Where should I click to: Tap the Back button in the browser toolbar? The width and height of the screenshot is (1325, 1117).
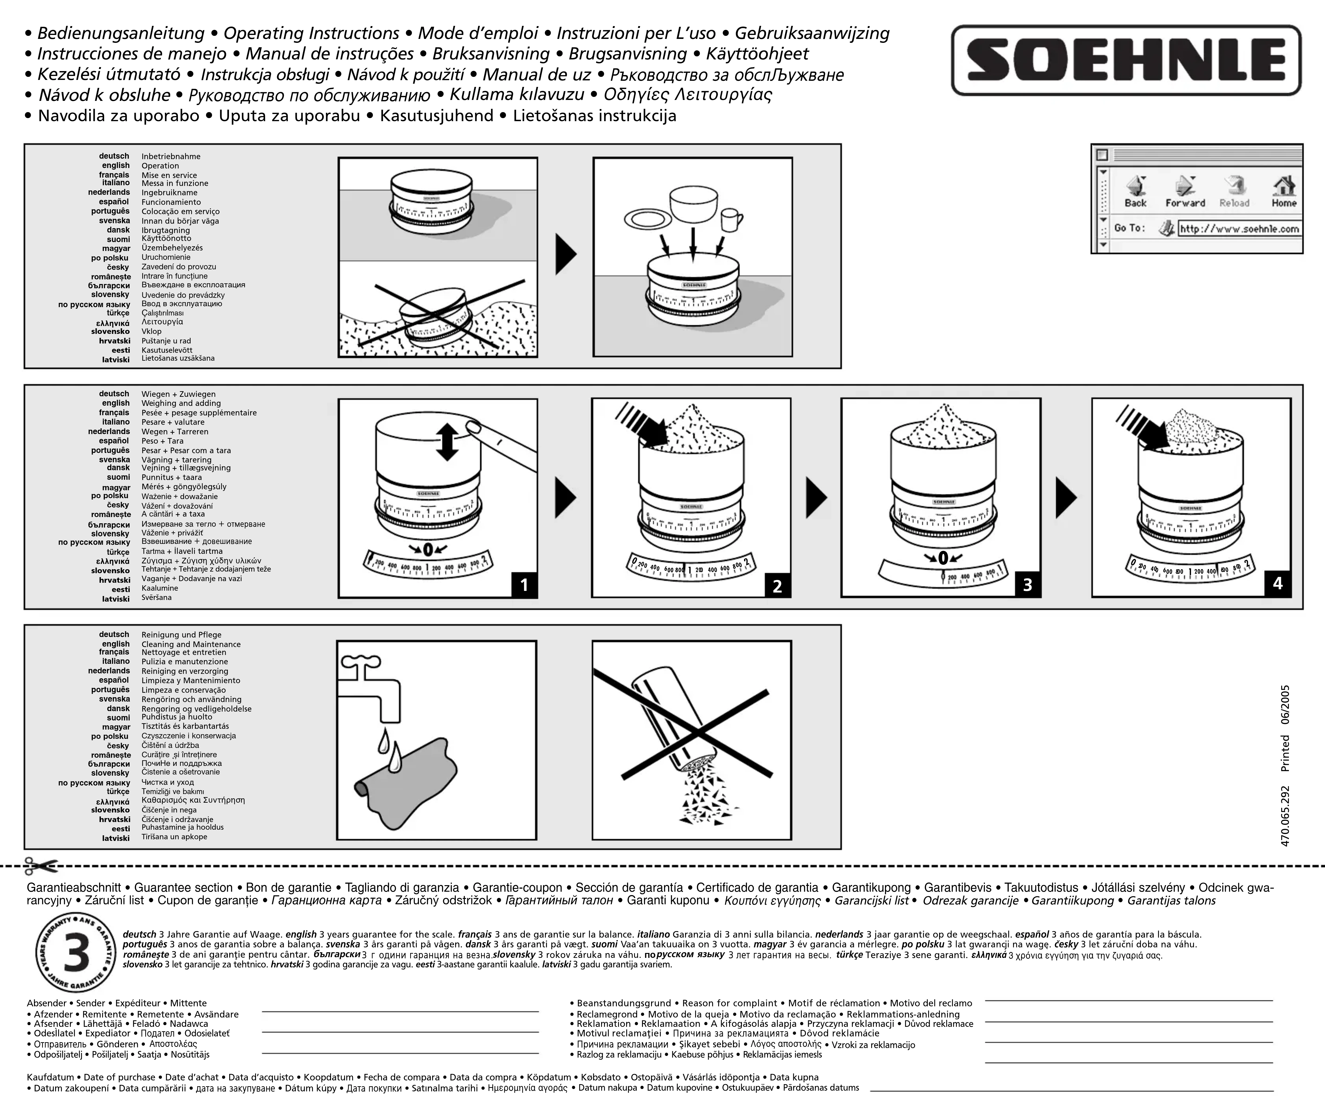1135,191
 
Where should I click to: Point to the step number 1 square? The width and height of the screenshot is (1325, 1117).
524,585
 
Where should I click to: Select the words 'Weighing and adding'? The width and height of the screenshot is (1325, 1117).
181,403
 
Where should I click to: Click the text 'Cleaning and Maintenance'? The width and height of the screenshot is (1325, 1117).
191,644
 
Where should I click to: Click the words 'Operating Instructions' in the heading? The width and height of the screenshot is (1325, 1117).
311,33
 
